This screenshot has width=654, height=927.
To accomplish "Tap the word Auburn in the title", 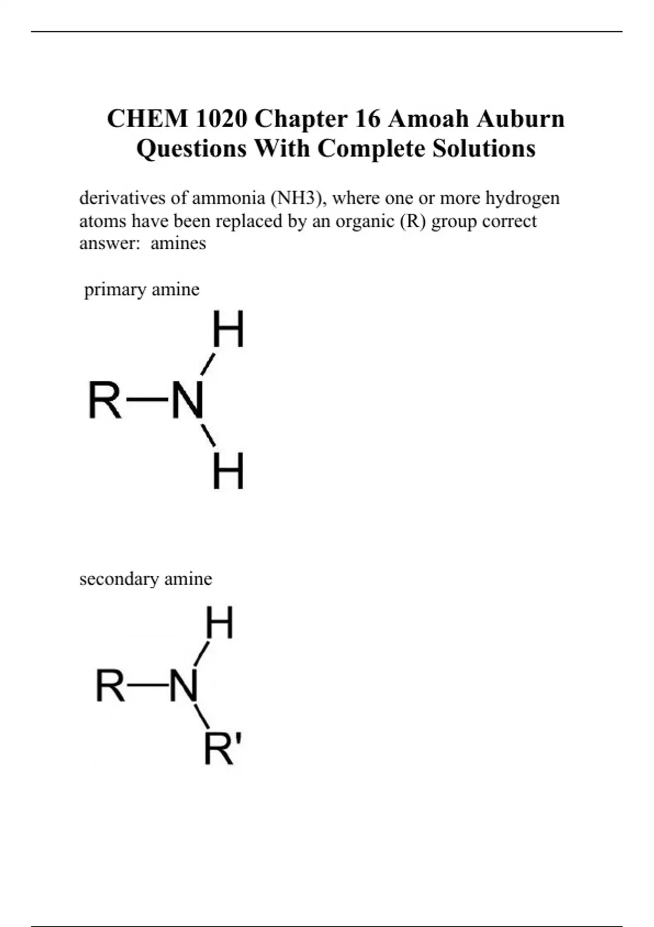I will pyautogui.click(x=520, y=118).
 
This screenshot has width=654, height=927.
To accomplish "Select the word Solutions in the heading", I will pyautogui.click(x=484, y=148).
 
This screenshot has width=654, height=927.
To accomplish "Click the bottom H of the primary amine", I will pyautogui.click(x=228, y=472).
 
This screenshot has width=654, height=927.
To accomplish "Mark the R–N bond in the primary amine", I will pyautogui.click(x=147, y=400).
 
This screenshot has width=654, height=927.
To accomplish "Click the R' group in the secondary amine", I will pyautogui.click(x=222, y=750).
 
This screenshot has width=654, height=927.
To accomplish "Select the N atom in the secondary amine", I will pyautogui.click(x=183, y=685).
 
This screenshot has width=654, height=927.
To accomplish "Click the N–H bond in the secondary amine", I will pyautogui.click(x=202, y=653).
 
